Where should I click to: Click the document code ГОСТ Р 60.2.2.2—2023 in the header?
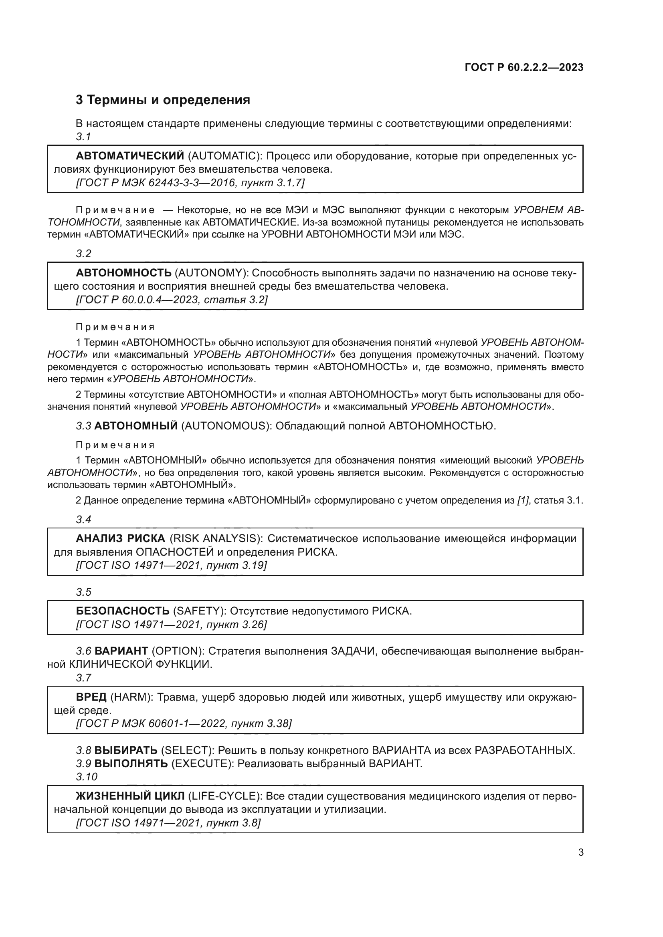pos(524,67)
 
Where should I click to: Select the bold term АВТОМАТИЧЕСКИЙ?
pos(130,156)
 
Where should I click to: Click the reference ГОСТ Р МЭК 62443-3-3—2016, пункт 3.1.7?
pos(190,183)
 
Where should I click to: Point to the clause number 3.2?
pos(84,254)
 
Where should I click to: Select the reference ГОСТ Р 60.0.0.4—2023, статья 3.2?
pos(172,300)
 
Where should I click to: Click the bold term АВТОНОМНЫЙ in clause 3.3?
pos(136,426)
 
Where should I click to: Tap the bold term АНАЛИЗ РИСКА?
pos(120,538)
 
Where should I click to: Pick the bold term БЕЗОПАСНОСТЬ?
pos(123,611)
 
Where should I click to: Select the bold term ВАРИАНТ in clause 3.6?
pos(121,651)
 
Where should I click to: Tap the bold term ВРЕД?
pos(91,697)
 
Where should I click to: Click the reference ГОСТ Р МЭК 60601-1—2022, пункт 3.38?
pos(184,723)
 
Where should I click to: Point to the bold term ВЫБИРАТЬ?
pos(126,750)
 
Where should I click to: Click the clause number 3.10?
pos(87,777)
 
